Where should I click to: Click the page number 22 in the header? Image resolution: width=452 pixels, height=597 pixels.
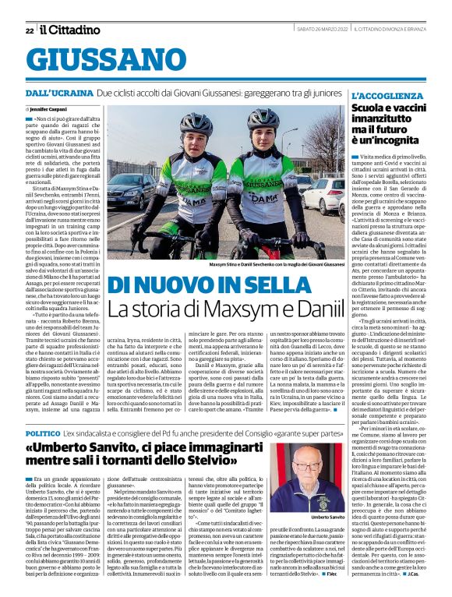[30, 30]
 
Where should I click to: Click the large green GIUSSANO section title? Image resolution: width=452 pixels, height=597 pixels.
[111, 59]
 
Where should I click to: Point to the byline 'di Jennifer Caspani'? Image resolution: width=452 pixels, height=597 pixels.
[48, 110]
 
